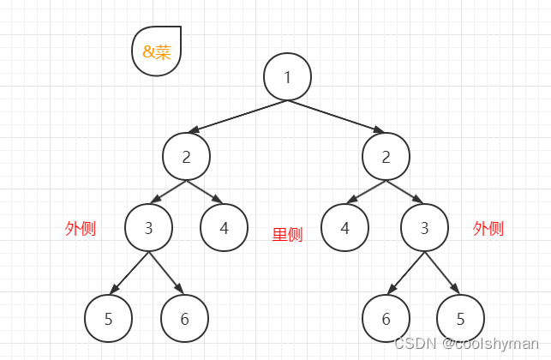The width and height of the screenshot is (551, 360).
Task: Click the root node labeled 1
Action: click(287, 76)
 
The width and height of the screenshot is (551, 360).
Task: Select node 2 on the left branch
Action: click(187, 156)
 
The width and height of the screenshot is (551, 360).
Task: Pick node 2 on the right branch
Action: click(386, 156)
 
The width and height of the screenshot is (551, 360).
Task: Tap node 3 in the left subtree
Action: click(148, 228)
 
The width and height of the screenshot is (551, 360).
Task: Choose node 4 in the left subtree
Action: click(224, 228)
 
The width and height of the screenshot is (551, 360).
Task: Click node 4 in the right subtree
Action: click(344, 228)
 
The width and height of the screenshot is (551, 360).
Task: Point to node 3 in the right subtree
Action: click(423, 228)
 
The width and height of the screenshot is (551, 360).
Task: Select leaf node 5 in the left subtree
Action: click(108, 319)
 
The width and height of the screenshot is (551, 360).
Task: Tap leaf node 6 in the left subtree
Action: click(184, 319)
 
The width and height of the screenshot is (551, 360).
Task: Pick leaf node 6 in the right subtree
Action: click(386, 319)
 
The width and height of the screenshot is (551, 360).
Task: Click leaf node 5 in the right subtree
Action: click(460, 319)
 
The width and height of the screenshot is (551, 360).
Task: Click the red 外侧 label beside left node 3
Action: click(81, 228)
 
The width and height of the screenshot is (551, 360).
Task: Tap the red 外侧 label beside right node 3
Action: click(488, 228)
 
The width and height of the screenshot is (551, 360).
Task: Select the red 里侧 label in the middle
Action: click(287, 234)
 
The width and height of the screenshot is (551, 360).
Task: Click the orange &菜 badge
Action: click(157, 51)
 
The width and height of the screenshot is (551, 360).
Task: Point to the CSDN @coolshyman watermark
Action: click(470, 343)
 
